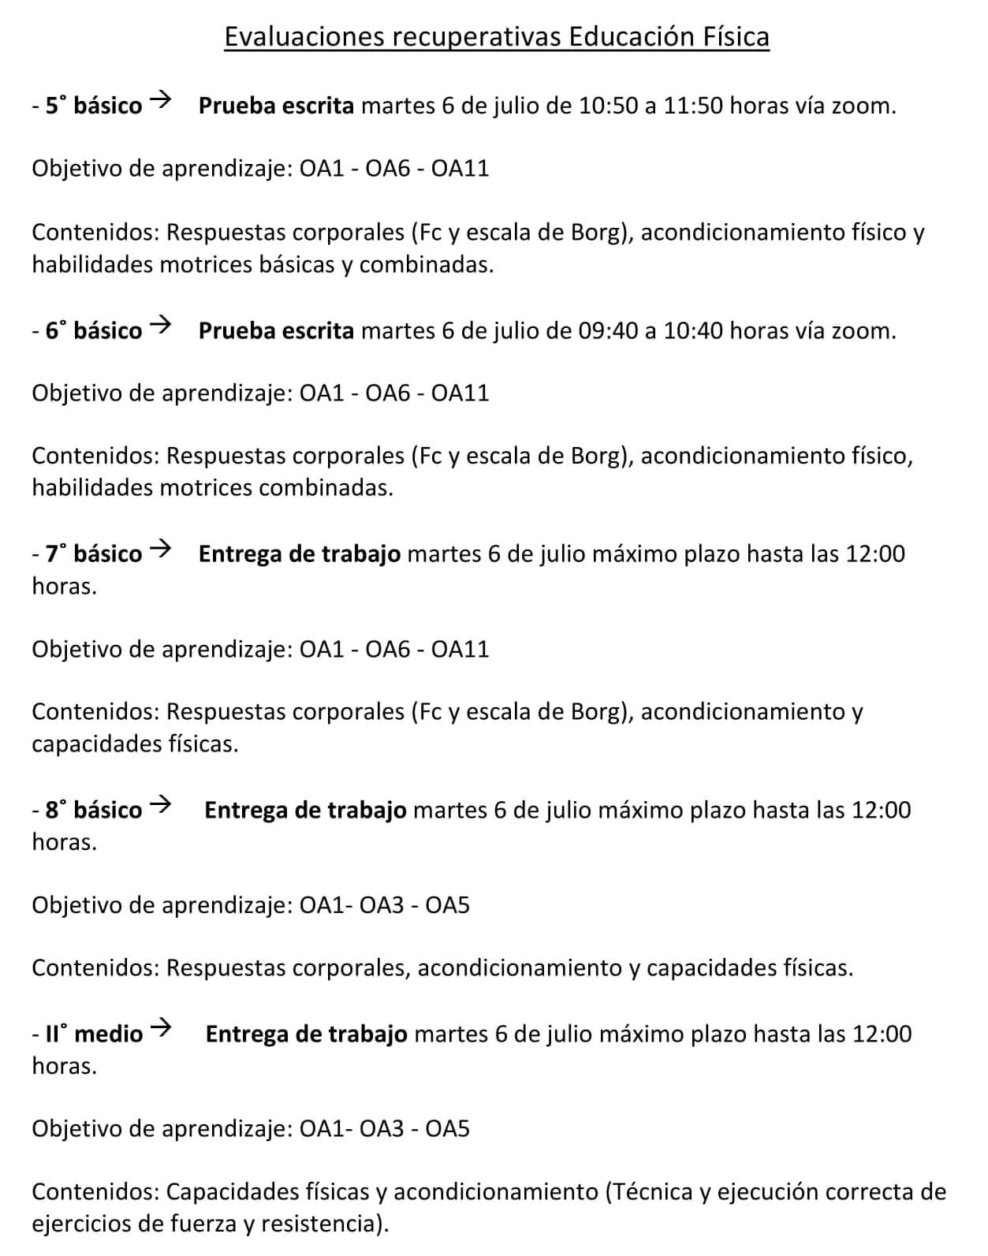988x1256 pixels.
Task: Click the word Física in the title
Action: coord(735,36)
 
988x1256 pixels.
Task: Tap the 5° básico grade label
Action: coord(93,106)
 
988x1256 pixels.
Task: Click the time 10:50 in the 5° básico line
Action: coord(608,106)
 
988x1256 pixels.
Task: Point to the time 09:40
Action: coord(607,330)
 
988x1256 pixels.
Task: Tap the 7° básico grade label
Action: coord(93,554)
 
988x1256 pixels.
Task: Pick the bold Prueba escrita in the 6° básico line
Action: coord(276,330)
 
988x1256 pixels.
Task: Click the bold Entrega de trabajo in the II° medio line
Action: coord(306,1034)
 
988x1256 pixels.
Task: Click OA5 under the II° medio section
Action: coord(447,1129)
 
